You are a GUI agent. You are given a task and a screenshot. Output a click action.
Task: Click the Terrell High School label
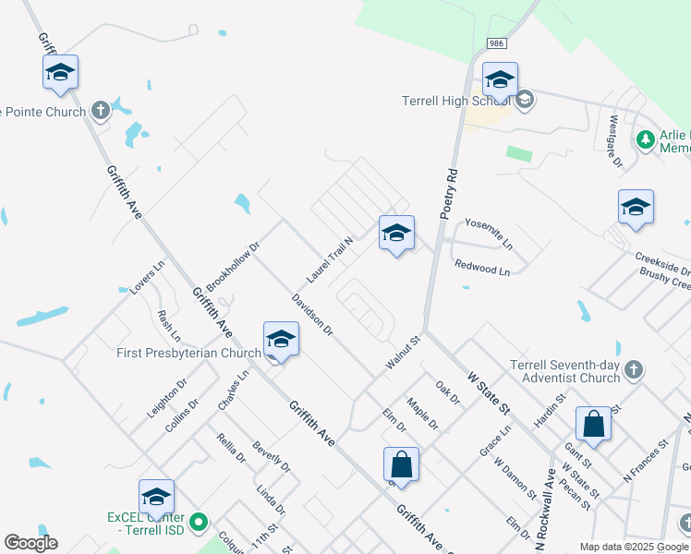456,101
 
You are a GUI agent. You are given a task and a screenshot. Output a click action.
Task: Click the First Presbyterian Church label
189,353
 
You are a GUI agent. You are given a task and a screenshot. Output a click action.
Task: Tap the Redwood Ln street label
482,269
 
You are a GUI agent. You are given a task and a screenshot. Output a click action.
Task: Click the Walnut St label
403,355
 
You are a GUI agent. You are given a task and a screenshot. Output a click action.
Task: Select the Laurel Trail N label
330,259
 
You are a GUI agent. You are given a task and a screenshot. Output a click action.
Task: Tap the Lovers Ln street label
147,277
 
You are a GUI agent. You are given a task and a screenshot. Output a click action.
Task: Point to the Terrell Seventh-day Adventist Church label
564,371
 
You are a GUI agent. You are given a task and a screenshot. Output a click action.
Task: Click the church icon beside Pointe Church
101,111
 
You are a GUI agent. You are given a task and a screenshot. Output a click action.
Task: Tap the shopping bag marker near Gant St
593,425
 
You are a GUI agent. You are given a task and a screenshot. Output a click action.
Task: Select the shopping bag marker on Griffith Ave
401,464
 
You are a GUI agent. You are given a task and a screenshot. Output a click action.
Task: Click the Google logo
30,543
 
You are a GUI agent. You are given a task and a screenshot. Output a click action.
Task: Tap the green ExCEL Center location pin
199,524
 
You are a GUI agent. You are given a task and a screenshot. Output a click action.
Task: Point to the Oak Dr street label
447,393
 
